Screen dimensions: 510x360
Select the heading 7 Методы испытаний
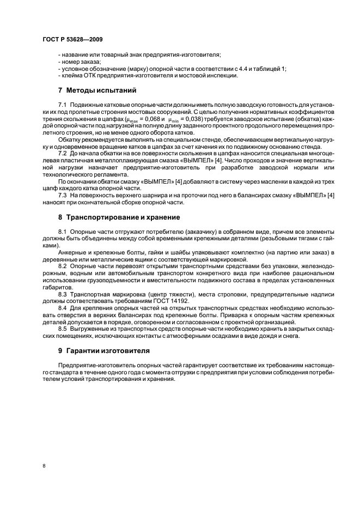point(94,90)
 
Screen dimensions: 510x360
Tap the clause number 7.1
point(62,104)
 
